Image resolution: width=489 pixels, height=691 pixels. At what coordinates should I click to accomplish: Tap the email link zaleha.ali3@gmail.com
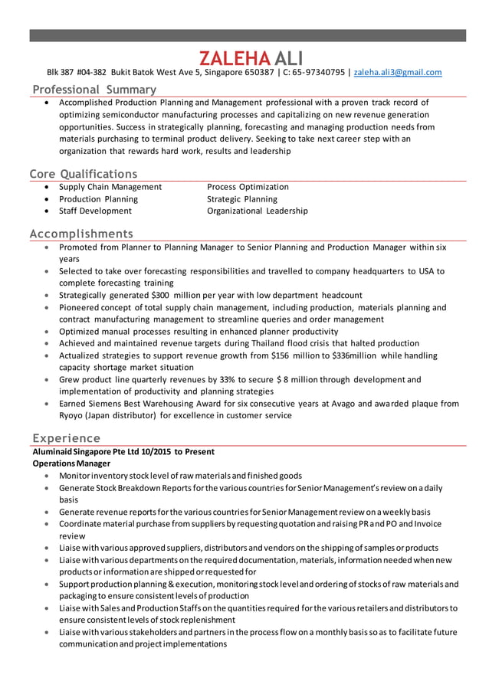click(x=398, y=73)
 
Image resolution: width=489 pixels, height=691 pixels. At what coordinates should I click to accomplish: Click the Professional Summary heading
click(x=94, y=90)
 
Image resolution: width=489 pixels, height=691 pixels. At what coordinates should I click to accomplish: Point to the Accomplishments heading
click(x=80, y=233)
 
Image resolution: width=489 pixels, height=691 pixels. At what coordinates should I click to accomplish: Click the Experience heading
click(x=66, y=437)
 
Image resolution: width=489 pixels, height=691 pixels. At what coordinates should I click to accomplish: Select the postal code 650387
click(x=256, y=73)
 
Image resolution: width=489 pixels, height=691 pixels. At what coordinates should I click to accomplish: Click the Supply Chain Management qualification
click(x=110, y=187)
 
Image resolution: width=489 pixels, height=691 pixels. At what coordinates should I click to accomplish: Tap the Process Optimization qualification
click(x=248, y=187)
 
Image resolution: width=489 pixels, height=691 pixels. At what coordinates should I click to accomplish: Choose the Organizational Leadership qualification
click(x=257, y=211)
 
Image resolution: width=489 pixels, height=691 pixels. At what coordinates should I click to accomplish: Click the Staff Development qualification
click(x=95, y=211)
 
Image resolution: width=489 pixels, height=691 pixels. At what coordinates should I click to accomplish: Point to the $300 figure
click(x=159, y=295)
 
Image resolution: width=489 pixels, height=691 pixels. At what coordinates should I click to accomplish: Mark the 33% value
click(x=227, y=379)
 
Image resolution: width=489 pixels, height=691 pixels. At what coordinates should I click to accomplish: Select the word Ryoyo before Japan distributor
click(x=73, y=415)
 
